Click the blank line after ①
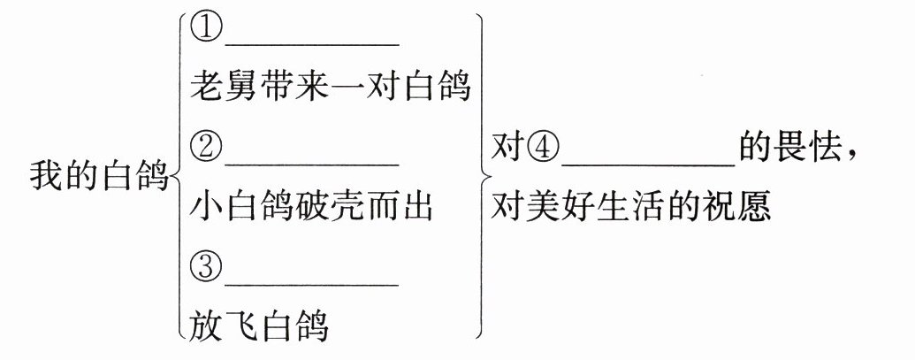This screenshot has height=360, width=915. click(x=311, y=41)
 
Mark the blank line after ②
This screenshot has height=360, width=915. click(x=311, y=160)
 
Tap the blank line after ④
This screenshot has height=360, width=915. click(x=647, y=161)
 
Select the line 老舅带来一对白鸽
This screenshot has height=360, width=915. click(x=330, y=88)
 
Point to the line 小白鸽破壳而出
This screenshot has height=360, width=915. click(x=311, y=208)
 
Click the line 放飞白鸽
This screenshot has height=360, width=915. click(x=259, y=326)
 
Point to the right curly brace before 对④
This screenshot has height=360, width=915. click(x=481, y=176)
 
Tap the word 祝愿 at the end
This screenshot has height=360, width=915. click(x=744, y=209)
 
